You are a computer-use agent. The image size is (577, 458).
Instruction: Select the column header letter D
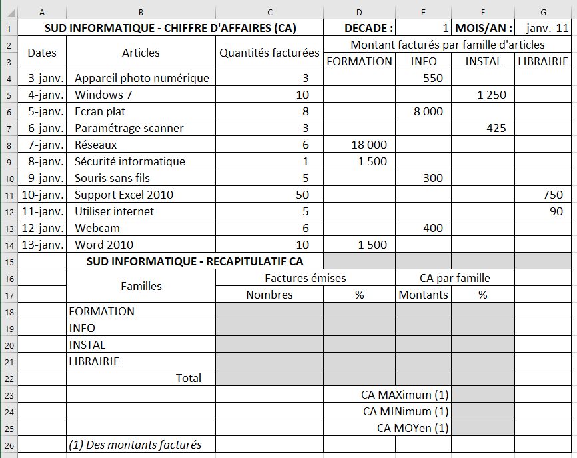359,12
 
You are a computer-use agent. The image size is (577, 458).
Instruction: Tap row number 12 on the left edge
9,211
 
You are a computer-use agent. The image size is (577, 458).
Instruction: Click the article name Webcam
97,228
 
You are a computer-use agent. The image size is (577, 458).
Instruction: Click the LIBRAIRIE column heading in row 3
544,61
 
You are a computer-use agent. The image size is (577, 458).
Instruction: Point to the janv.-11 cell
544,28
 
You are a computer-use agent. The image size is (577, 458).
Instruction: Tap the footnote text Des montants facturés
135,445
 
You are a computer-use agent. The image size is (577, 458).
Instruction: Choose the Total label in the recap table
188,378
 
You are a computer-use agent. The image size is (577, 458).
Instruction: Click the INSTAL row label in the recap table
87,345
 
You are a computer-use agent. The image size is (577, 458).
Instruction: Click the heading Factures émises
305,278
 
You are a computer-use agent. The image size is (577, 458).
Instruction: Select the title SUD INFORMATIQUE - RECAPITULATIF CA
195,261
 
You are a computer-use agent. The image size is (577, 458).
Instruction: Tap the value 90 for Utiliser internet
556,211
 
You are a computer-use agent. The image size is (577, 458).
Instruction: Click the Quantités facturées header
269,53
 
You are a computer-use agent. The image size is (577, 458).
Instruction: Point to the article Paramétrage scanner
129,128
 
